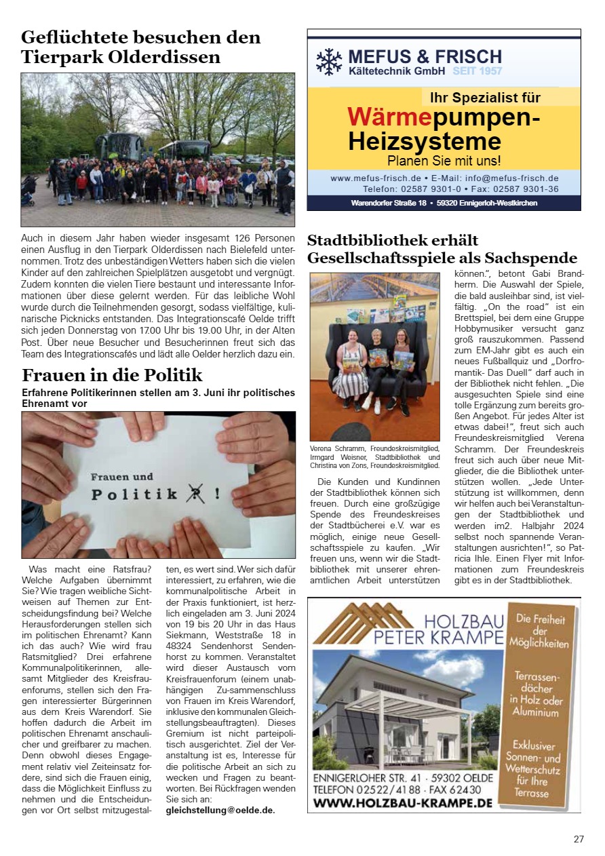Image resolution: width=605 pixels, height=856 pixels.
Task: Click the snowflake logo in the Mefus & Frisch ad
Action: [x=330, y=61]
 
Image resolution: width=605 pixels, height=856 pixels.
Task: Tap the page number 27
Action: [x=579, y=839]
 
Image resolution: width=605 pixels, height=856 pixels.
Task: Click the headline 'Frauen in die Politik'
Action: [x=112, y=375]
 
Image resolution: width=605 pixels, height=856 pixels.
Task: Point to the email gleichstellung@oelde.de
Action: [x=220, y=810]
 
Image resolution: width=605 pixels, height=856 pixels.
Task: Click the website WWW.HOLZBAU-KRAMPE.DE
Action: [x=403, y=802]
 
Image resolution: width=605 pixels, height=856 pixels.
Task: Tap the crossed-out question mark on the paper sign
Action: [x=196, y=494]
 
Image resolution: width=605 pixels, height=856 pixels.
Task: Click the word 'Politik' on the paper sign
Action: [x=136, y=494]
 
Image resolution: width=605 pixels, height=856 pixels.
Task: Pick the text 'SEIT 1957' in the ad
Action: [x=477, y=71]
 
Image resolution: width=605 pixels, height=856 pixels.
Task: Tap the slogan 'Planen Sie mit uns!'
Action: [x=444, y=161]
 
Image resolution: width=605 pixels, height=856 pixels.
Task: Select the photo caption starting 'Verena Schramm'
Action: [x=374, y=457]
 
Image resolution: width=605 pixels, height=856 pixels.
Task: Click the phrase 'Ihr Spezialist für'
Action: [x=482, y=98]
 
